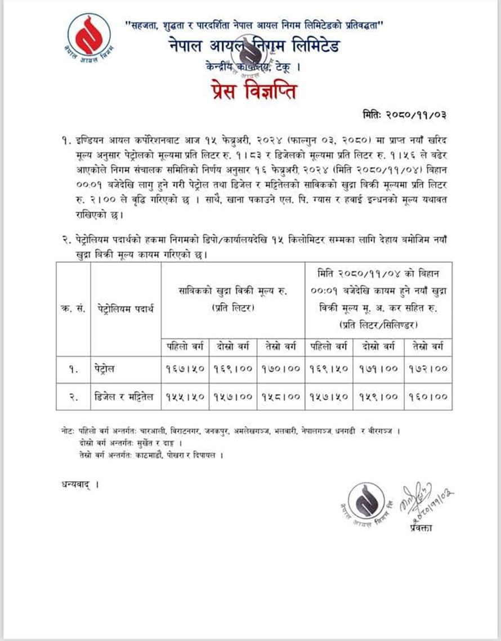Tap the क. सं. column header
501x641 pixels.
coord(73,308)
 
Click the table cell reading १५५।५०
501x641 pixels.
coord(186,396)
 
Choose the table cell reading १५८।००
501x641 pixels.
coord(282,396)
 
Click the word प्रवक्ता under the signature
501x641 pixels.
coord(418,527)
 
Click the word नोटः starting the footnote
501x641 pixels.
coord(68,431)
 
